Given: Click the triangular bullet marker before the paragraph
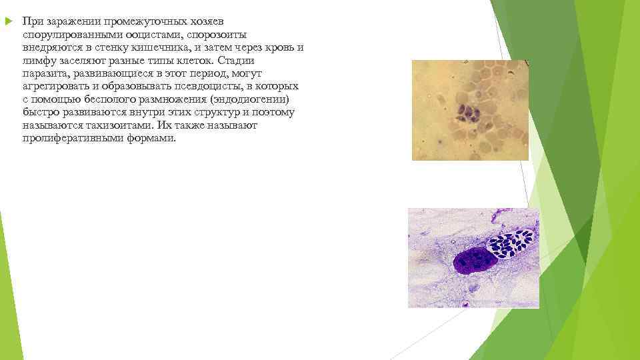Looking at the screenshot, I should tap(8, 21).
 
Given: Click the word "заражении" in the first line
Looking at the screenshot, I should tap(69, 22).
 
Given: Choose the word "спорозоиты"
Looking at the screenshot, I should tap(213, 35).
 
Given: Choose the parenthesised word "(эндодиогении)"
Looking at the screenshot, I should tap(249, 100).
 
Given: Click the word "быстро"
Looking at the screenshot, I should tap(39, 113).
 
